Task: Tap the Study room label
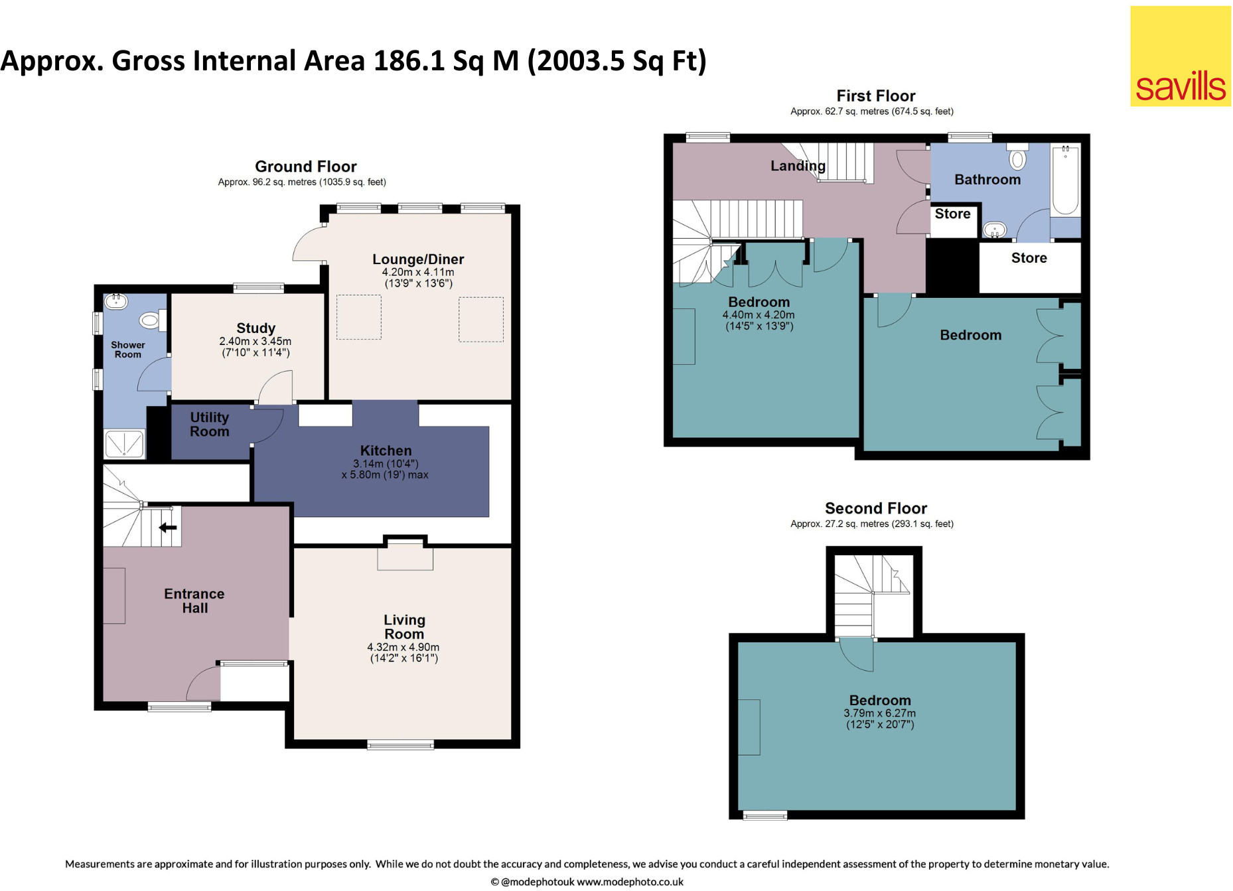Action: [255, 328]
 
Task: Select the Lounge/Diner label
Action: [418, 259]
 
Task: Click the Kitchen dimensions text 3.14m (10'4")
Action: [386, 464]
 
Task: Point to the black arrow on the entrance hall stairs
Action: [168, 528]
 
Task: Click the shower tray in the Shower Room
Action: [124, 443]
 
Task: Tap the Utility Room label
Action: [209, 425]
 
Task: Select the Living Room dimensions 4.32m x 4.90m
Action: [403, 648]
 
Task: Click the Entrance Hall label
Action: [194, 601]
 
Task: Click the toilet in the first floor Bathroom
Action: [1017, 157]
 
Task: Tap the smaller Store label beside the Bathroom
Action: [952, 214]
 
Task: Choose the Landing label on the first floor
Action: [798, 166]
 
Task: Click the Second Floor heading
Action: [875, 509]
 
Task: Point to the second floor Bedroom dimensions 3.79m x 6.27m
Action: [879, 714]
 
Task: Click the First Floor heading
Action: [875, 96]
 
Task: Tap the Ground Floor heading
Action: [305, 167]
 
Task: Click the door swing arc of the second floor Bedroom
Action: [855, 657]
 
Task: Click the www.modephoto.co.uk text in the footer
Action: [630, 882]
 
